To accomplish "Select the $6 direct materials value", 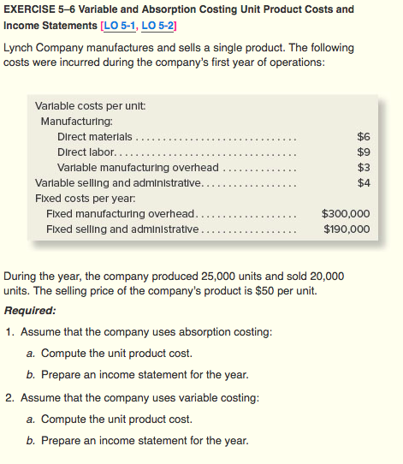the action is [x=362, y=136].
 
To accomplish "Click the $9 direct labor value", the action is [x=362, y=152].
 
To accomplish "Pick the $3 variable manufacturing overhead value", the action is [x=362, y=167].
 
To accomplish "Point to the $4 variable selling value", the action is [x=362, y=182].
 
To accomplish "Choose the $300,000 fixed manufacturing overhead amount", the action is [x=345, y=213].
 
